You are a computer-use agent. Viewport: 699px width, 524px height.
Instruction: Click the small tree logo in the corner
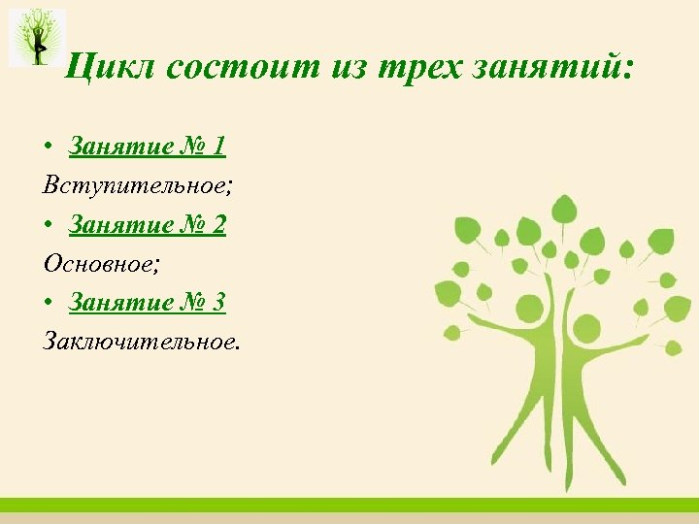tap(38, 37)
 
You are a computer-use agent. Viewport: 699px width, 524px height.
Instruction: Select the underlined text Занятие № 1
tap(147, 147)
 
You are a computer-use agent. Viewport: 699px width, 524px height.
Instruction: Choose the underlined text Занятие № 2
tap(147, 224)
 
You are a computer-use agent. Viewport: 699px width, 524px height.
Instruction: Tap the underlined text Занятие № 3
tap(147, 302)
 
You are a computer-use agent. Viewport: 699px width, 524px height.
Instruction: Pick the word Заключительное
tap(139, 341)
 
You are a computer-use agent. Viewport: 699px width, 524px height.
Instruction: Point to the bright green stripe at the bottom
tap(349, 505)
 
